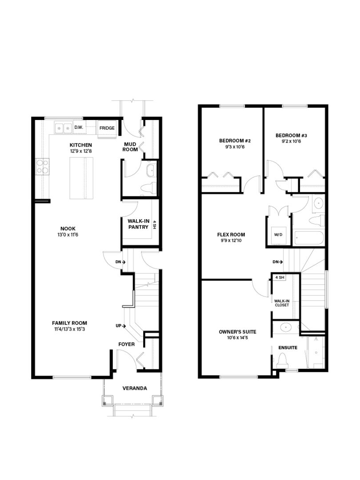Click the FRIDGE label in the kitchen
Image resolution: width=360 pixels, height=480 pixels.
(x=107, y=128)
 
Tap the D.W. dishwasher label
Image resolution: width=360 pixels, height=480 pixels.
(x=79, y=127)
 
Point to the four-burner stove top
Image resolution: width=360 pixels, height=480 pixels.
(x=43, y=167)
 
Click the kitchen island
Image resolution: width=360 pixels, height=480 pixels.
(x=81, y=178)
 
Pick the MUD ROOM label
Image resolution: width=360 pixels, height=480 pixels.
(x=130, y=147)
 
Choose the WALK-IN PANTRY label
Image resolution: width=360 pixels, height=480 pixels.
(x=138, y=224)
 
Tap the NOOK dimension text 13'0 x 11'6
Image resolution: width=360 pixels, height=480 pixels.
(x=68, y=235)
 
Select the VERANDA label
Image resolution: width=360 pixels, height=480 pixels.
(x=135, y=388)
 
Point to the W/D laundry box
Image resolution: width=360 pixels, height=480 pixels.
(x=278, y=235)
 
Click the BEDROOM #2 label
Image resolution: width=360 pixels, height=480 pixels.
(x=235, y=141)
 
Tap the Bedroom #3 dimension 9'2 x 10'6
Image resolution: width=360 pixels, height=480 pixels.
(x=292, y=141)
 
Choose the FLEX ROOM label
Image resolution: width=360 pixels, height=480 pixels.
(x=231, y=235)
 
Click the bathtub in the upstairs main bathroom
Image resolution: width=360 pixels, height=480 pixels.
(x=309, y=238)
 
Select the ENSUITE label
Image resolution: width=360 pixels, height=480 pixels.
(x=288, y=348)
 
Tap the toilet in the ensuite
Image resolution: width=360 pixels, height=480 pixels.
(x=283, y=361)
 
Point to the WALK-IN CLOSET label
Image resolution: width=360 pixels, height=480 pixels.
(x=282, y=303)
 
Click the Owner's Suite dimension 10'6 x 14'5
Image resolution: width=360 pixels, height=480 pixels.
(x=237, y=338)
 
